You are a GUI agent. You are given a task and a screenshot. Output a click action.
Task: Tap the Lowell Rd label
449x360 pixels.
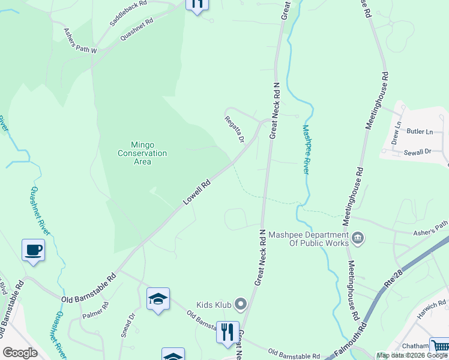[x=196, y=193]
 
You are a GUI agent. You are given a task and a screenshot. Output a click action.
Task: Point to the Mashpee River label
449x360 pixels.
[x=306, y=149]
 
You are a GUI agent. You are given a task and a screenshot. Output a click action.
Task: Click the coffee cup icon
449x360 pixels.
[x=34, y=250]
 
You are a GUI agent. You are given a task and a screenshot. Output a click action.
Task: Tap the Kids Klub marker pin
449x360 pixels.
[x=241, y=305]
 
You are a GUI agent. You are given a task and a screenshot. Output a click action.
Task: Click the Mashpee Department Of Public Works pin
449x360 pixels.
[x=358, y=238]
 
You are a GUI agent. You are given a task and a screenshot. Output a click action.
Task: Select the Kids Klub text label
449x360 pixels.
[x=214, y=305]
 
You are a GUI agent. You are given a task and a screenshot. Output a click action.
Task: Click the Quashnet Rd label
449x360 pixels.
[x=137, y=29]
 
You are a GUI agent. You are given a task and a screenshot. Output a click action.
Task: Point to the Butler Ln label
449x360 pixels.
[x=420, y=131]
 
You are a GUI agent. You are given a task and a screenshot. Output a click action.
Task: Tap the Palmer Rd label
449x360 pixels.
[x=95, y=310]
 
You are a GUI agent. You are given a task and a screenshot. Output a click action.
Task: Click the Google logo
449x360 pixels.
[x=20, y=352]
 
